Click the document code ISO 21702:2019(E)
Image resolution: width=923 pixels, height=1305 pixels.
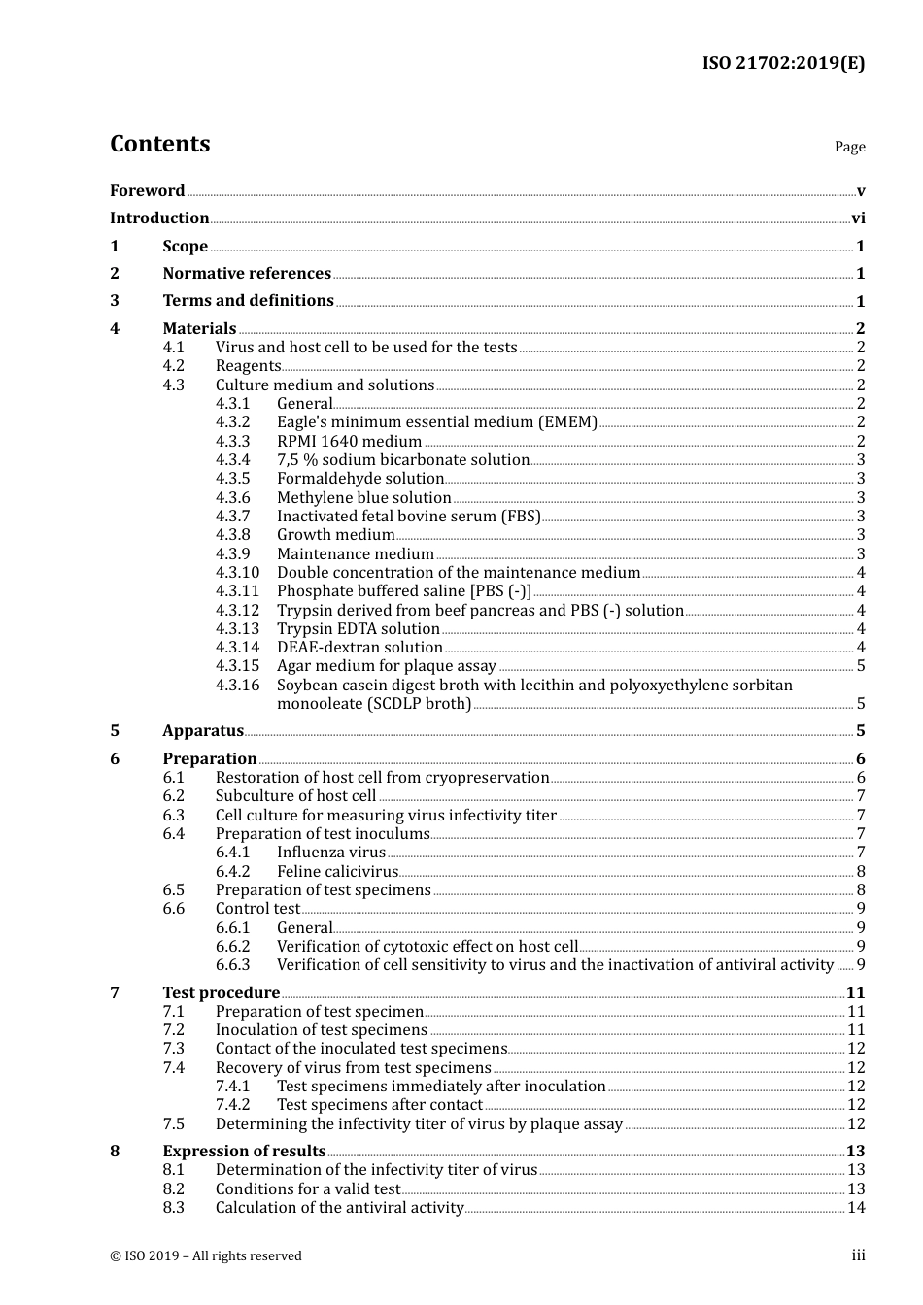coord(783,64)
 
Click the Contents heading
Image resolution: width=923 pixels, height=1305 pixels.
coord(159,144)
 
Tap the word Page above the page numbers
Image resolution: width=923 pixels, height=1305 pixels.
coord(849,147)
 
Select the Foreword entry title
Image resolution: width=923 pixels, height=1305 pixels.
coord(147,191)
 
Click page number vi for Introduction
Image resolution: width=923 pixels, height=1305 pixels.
coord(858,218)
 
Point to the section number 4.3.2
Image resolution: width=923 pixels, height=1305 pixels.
coord(232,422)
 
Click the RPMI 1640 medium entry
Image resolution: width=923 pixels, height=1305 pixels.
coord(349,442)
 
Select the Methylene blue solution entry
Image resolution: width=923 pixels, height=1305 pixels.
coord(363,498)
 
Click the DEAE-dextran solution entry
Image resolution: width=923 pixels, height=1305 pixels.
coord(359,648)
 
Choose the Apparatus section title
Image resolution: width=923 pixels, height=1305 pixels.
coord(202,731)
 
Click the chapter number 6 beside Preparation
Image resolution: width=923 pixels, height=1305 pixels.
coord(115,759)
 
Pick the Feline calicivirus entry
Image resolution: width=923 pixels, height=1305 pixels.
coord(337,872)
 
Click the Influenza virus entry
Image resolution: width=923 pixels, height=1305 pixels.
coord(330,853)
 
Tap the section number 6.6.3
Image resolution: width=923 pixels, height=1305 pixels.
coord(232,965)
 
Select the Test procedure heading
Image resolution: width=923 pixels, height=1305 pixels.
coord(221,993)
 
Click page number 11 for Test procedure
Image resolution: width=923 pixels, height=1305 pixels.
coord(855,993)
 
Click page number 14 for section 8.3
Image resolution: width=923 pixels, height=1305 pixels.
coord(856,1208)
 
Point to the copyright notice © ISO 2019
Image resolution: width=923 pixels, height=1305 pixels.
coord(205,1256)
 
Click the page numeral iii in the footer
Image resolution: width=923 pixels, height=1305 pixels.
coord(858,1256)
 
